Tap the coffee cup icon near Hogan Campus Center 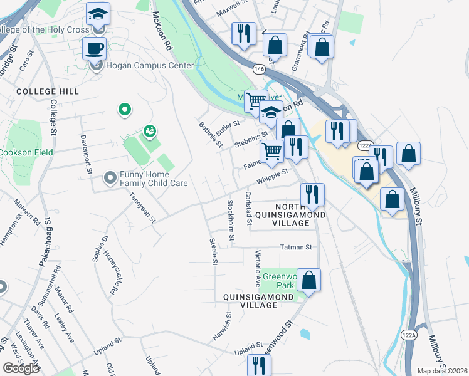[95, 48]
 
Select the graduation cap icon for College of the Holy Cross [98, 14]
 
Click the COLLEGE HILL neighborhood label [48, 91]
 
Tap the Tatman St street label [296, 248]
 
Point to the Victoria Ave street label [258, 269]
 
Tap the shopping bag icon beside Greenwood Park [309, 279]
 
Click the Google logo [21, 368]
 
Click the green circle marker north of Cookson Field [125, 110]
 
